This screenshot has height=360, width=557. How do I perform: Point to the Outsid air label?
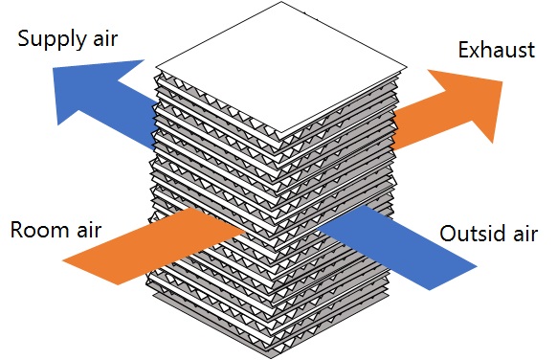[x=488, y=234]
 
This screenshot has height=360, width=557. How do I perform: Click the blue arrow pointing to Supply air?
[x=105, y=101]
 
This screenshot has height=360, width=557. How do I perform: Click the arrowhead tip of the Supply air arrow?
[x=56, y=93]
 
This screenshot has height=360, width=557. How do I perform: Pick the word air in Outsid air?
[x=523, y=234]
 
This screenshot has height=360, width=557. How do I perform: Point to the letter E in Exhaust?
[x=464, y=50]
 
